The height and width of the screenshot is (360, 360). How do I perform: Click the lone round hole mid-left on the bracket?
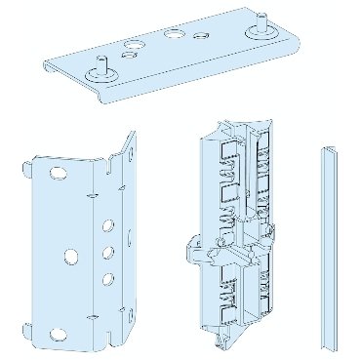[x=71, y=257]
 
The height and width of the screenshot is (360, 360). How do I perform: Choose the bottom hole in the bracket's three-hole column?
[x=106, y=280]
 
